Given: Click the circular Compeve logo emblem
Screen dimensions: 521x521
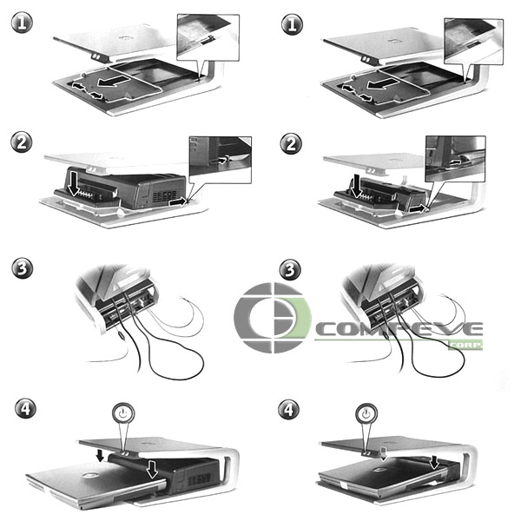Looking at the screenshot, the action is click(273, 318).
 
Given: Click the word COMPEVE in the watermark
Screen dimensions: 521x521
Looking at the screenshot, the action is click(399, 329).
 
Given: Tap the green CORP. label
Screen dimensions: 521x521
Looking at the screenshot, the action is click(465, 346).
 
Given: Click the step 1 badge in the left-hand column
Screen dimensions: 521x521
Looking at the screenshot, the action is click(22, 23).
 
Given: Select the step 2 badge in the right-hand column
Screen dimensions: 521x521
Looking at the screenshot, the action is click(291, 144).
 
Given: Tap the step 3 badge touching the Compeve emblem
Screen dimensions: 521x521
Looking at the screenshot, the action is click(290, 270).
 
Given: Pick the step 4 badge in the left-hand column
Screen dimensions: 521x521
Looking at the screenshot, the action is click(25, 408).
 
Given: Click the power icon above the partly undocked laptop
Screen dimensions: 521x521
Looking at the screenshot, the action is click(123, 414).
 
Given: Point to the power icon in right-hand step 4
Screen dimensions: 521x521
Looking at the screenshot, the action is click(366, 414).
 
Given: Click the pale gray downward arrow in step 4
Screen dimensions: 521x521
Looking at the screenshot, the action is click(384, 453).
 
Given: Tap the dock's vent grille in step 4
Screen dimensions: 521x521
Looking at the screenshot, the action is click(200, 479).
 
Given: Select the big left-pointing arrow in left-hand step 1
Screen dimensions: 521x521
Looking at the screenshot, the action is click(114, 82).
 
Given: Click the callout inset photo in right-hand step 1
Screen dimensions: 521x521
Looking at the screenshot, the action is click(474, 42).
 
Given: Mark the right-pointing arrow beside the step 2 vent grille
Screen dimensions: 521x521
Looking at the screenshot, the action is click(178, 201).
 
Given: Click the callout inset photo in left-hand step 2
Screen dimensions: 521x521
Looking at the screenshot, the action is click(221, 160).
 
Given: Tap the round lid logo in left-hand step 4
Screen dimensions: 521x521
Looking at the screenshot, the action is click(89, 476).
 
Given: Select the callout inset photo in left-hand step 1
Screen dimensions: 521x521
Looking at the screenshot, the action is click(208, 37).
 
